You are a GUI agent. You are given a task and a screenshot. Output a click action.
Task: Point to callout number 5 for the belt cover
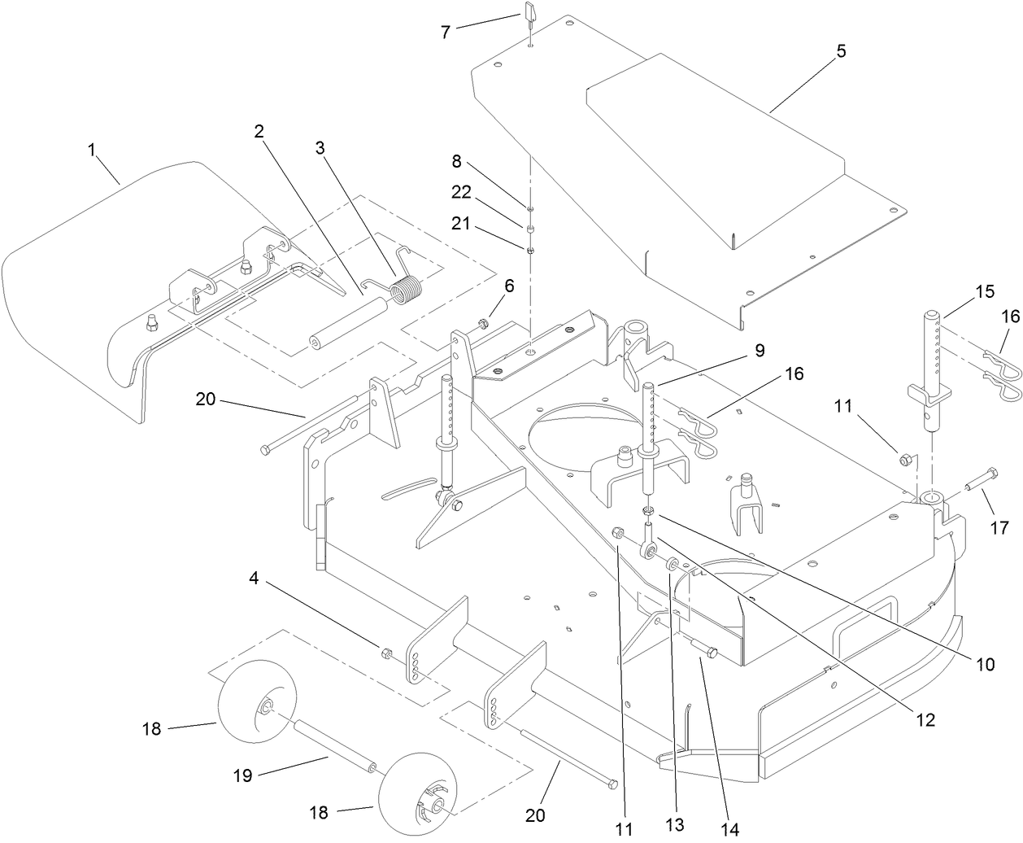[841, 50]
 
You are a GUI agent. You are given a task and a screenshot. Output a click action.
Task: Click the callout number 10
[985, 664]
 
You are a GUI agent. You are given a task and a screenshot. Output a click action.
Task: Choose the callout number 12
[925, 719]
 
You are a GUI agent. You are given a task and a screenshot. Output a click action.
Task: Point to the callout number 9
[759, 351]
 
